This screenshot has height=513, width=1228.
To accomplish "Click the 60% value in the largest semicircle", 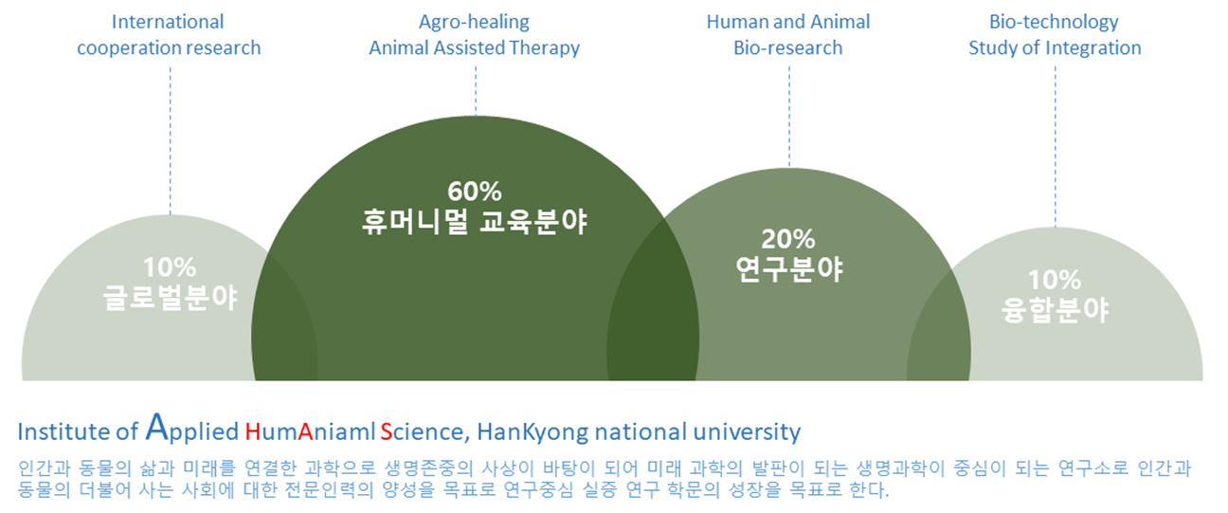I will click(475, 191).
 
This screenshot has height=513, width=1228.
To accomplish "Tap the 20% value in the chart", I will click(788, 239).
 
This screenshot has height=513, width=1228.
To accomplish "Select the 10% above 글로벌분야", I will click(170, 267).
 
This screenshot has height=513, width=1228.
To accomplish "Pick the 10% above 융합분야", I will click(1055, 280).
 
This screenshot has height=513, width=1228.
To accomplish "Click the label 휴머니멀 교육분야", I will click(475, 223).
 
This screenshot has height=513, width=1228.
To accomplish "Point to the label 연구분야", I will click(788, 270).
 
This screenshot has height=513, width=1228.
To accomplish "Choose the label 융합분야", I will click(1055, 310).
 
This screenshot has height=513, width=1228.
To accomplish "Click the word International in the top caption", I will click(168, 21).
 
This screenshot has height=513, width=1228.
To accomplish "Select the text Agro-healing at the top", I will click(474, 21).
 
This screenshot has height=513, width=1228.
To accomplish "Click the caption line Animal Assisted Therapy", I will click(474, 47).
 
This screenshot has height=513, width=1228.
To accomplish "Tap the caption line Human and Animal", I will click(787, 21).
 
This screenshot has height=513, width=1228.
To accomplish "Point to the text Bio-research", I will click(787, 47).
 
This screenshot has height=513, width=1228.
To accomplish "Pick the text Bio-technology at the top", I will click(1054, 21).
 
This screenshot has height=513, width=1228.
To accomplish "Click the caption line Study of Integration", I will click(1054, 47).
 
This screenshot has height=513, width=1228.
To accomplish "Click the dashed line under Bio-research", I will click(788, 114).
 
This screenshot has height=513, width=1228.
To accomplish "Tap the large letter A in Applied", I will click(158, 429).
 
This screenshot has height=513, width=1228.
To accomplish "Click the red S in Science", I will click(386, 433).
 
